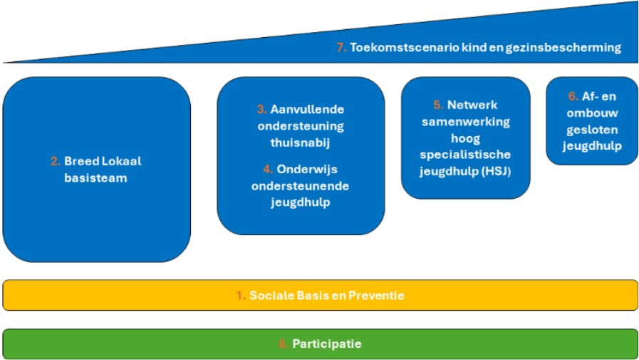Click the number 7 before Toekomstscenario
[340, 48]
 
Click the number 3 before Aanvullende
[261, 110]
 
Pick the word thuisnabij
[301, 143]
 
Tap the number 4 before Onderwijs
[267, 170]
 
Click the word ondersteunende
[301, 186]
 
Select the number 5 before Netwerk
[437, 105]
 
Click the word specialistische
[465, 154]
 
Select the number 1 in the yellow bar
[240, 295]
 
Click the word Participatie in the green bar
[326, 344]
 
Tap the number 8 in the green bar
[283, 344]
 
